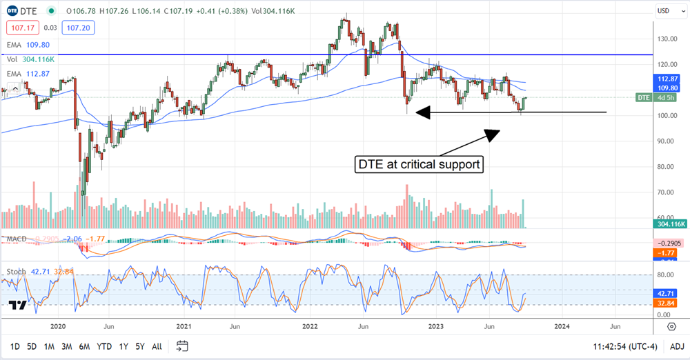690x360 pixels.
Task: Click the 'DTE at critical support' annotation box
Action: click(x=420, y=165)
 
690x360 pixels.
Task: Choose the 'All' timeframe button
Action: click(x=157, y=346)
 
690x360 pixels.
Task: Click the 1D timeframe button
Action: click(x=14, y=346)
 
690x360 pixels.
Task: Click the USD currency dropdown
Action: click(x=665, y=10)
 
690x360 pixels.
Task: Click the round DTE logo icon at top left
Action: click(x=12, y=10)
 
